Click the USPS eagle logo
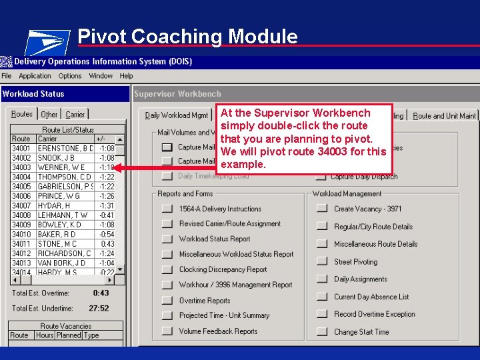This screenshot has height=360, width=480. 47,42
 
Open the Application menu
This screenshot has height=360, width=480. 35,76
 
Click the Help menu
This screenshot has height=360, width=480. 127,76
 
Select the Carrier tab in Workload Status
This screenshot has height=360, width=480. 75,115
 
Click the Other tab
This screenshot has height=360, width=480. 49,115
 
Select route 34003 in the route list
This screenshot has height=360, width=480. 21,167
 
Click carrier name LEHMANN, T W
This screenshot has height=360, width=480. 63,215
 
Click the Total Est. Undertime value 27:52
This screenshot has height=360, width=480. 99,308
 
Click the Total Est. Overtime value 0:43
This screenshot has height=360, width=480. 101,293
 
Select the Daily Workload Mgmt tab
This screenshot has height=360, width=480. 177,115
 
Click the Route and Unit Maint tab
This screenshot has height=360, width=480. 444,115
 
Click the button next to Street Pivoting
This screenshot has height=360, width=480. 322,262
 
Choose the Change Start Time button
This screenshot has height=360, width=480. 322,331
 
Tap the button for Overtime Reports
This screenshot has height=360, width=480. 167,301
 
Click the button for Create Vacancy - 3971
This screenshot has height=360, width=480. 322,209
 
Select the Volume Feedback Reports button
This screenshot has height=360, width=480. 167,331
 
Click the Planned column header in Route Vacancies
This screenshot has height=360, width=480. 69,335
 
